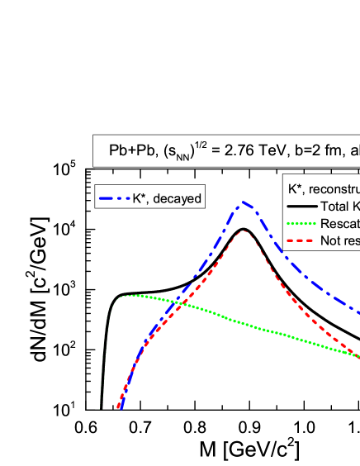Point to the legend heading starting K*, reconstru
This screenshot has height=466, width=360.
pos(322,189)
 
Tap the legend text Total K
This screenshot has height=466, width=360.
pos(339,207)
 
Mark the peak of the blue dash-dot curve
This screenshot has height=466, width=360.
pos(243,202)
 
